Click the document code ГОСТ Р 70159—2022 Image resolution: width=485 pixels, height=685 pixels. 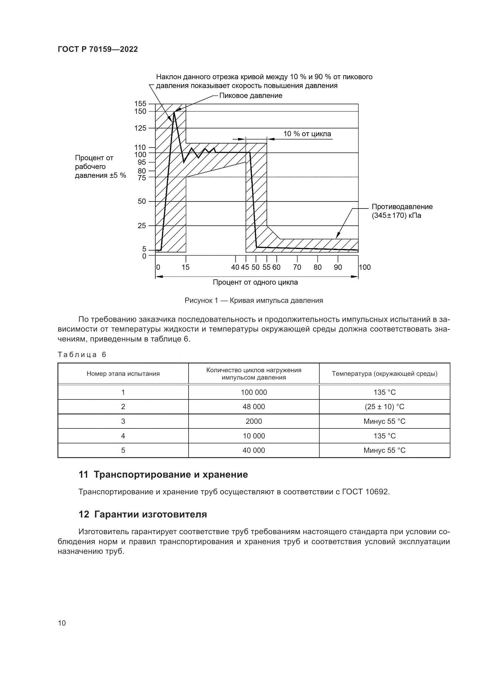click(x=98, y=49)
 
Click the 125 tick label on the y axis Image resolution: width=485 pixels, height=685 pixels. click(x=140, y=128)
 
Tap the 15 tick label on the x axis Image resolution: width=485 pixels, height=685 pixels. click(x=185, y=267)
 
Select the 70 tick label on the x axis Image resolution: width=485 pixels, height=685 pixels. click(x=297, y=267)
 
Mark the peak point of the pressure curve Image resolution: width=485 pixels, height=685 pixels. click(x=174, y=112)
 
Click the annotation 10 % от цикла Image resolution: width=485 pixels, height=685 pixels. click(x=307, y=134)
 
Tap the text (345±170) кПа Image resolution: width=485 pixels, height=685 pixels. click(x=396, y=216)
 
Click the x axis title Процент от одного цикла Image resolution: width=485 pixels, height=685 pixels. click(x=255, y=282)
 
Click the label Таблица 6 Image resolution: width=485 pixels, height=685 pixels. click(x=82, y=354)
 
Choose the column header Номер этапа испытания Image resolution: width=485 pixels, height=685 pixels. click(x=123, y=373)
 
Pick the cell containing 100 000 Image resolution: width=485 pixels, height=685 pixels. click(x=254, y=392)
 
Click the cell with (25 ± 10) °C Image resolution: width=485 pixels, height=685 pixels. click(x=384, y=407)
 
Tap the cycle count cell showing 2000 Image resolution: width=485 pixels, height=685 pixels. click(x=254, y=421)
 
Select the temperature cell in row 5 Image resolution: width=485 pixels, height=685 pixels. click(x=384, y=450)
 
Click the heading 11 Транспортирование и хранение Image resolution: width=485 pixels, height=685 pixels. click(x=163, y=475)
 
